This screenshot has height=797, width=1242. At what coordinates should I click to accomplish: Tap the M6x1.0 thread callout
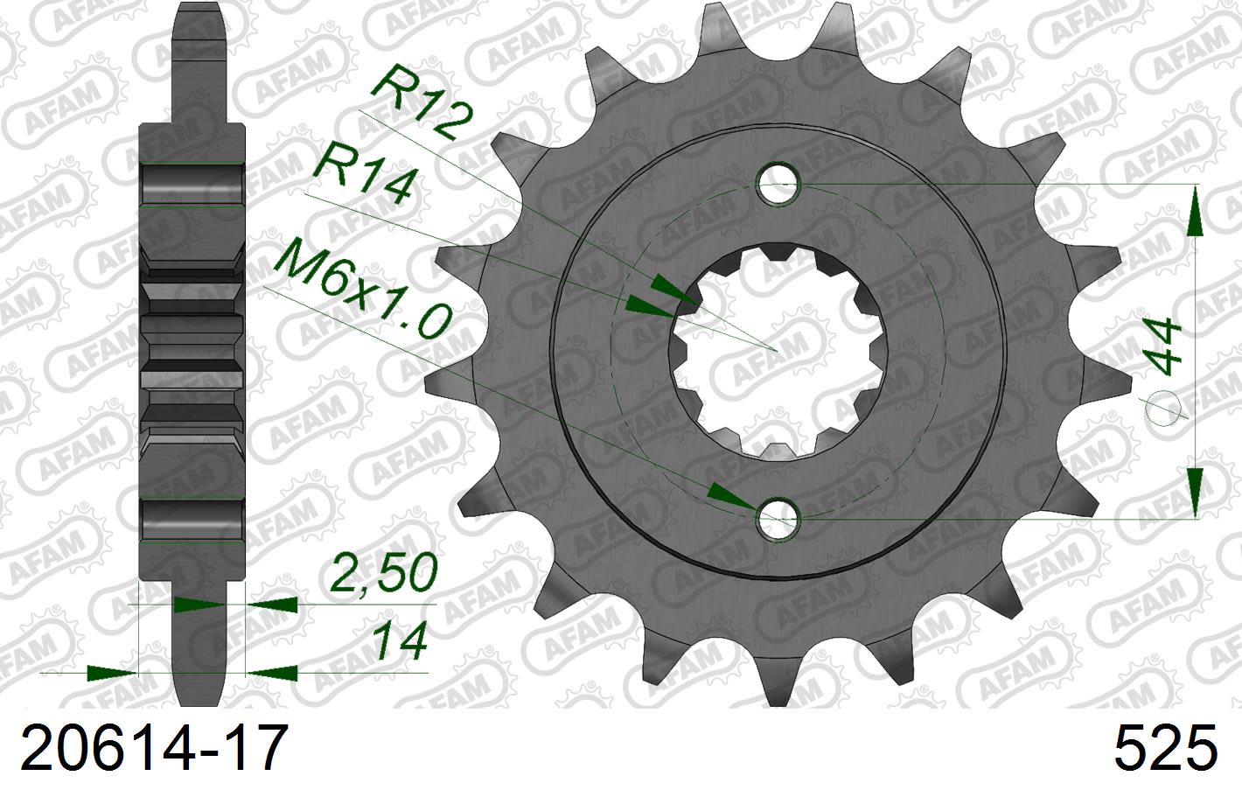[x=362, y=293]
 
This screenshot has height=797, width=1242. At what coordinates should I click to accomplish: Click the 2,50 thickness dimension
[x=383, y=573]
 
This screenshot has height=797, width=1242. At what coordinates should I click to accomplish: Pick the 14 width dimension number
[x=400, y=641]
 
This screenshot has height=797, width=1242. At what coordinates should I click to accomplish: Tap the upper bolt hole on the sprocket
[x=778, y=183]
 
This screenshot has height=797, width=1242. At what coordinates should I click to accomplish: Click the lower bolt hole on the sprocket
[x=778, y=520]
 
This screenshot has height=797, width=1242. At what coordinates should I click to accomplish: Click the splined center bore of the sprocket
[x=778, y=351]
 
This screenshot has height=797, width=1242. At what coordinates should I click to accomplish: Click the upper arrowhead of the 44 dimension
[x=1195, y=213]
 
